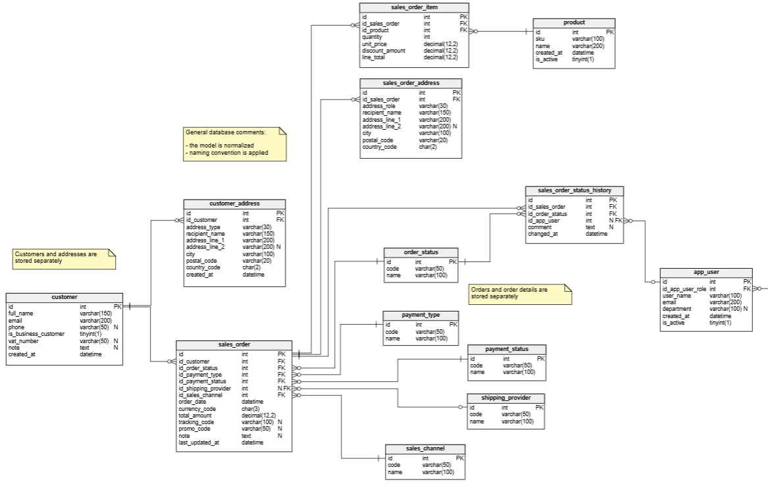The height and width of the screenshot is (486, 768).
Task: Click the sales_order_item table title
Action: pos(414,7)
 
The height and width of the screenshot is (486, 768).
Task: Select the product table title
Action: pos(574,23)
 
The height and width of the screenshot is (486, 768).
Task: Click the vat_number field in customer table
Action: pos(24,341)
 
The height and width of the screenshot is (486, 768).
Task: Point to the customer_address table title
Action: pos(234,204)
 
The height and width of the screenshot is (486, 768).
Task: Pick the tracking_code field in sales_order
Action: pos(197,421)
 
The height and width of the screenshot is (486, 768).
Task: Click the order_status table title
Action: pos(421,253)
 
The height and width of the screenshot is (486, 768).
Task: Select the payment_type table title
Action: pos(421,315)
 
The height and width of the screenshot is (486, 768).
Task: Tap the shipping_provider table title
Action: pos(505,398)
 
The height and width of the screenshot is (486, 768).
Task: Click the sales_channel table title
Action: pos(425,448)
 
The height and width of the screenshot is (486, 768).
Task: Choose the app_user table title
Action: pos(705,273)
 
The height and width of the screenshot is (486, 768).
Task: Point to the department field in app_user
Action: pos(678,309)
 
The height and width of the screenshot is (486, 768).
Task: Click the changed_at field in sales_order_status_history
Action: pos(543,234)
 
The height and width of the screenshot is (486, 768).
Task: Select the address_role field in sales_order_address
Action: pos(379,106)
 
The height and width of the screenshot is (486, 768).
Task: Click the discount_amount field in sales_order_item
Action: pos(384,51)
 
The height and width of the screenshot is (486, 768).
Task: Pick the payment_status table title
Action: pos(507,349)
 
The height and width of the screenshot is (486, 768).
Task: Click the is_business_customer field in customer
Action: pos(36,334)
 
